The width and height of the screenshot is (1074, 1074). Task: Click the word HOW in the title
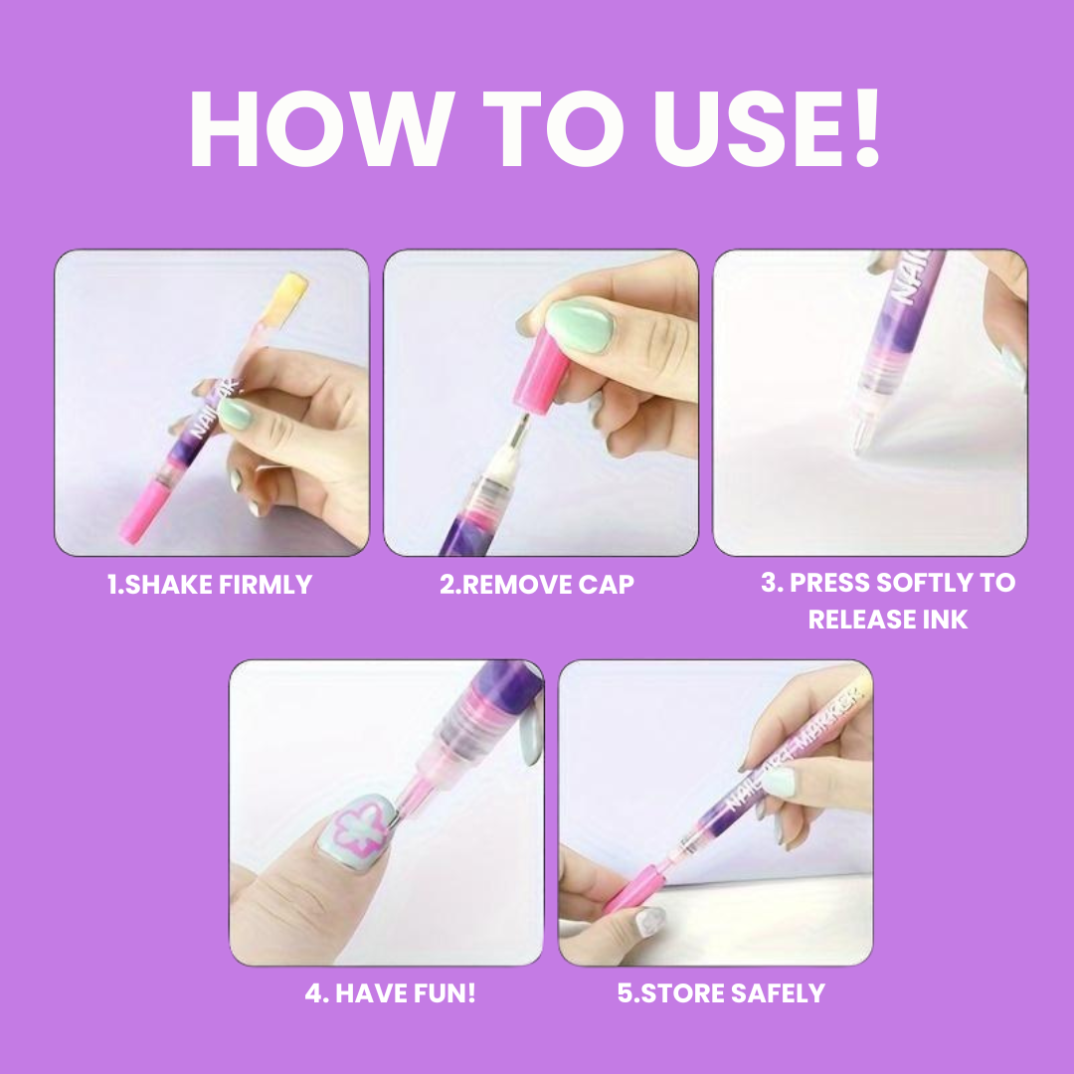coord(322,128)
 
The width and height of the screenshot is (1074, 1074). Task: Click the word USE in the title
coord(748,128)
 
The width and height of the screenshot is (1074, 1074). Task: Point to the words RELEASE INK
coord(888,620)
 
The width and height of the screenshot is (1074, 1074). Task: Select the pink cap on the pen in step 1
coord(143,510)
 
